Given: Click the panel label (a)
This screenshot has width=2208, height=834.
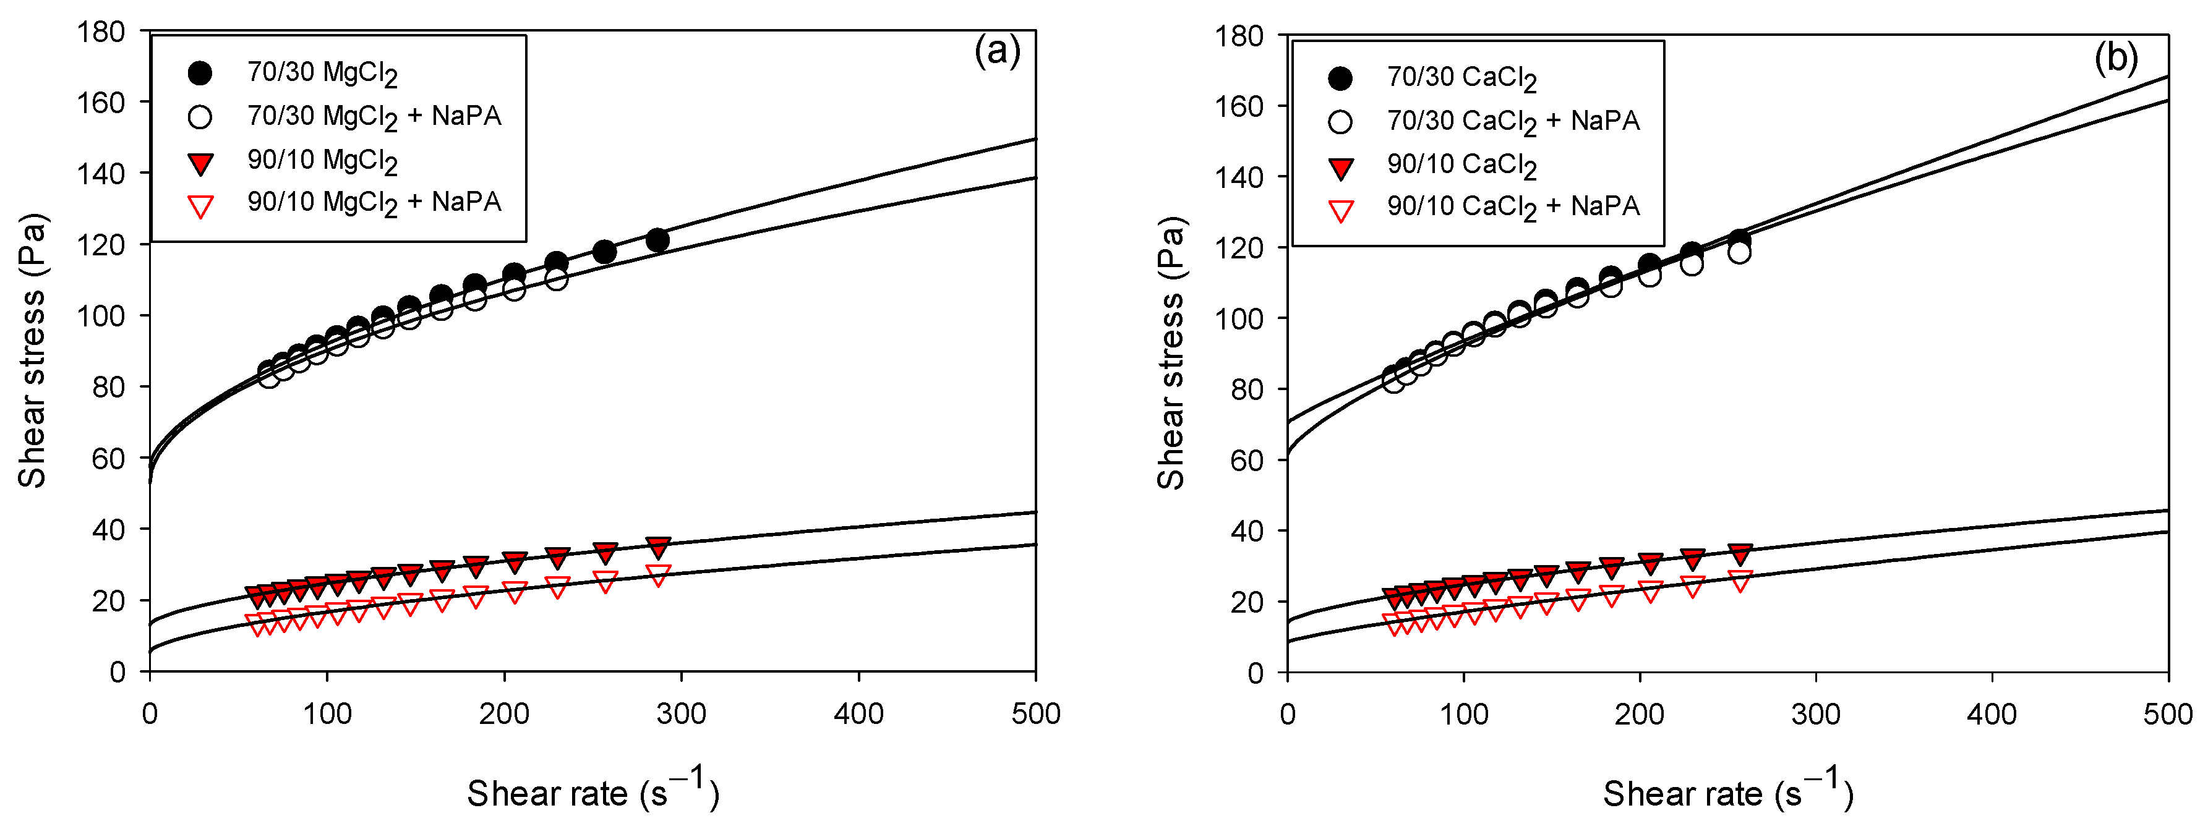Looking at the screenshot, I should tap(997, 53).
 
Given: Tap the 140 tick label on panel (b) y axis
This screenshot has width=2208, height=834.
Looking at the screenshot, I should tap(1239, 177).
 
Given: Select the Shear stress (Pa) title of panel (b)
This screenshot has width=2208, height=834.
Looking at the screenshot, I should tap(1171, 353).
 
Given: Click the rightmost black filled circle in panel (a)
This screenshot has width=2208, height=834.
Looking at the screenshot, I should tap(657, 240).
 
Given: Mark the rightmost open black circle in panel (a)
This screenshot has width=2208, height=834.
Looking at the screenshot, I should tap(556, 279).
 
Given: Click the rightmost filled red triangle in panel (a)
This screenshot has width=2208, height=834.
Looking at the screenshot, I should tap(658, 547).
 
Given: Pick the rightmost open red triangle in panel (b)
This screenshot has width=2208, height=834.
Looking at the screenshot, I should tap(1740, 581).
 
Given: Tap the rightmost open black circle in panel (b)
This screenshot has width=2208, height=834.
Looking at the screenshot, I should tap(1739, 253).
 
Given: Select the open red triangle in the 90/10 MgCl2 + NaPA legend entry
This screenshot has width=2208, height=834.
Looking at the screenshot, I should tap(200, 206).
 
